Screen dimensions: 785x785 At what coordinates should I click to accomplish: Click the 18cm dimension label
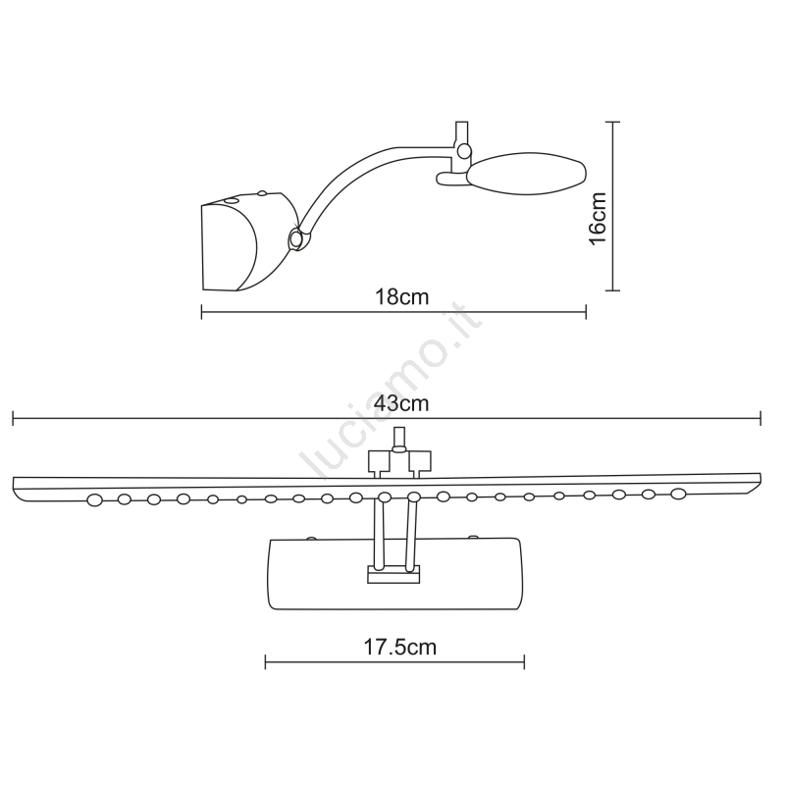pyautogui.click(x=402, y=297)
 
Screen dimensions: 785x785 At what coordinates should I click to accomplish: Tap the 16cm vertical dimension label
pyautogui.click(x=598, y=218)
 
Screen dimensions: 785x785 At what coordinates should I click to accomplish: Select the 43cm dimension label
pyautogui.click(x=401, y=403)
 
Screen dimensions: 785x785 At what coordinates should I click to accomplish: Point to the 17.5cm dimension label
pyautogui.click(x=399, y=647)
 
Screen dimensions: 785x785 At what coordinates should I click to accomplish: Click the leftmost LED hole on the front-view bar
pyautogui.click(x=94, y=499)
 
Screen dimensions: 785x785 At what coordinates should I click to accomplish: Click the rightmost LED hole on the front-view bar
pyautogui.click(x=678, y=494)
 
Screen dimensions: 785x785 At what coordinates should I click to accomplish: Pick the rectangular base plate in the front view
pyautogui.click(x=395, y=574)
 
